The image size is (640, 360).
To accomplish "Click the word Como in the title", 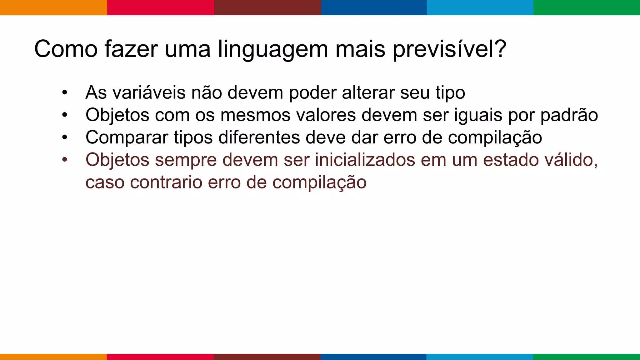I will pos(66,49).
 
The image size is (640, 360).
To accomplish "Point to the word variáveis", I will pos(149,93).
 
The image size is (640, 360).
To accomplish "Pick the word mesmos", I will pos(255,115).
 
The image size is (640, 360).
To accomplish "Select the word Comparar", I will pos(127,138).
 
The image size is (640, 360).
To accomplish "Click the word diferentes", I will pos(259,137).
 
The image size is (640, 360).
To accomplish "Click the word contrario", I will pos(166,182).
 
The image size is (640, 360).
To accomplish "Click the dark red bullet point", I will pos(65,160).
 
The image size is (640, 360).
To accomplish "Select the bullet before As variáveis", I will pos(65,93).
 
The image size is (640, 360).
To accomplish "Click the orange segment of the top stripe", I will pos(53,7).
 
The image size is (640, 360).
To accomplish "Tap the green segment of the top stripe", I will pos(587,7).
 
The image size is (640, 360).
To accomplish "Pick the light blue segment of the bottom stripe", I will pos(480,357).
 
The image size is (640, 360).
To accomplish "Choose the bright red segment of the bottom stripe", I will pos(160,357).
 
